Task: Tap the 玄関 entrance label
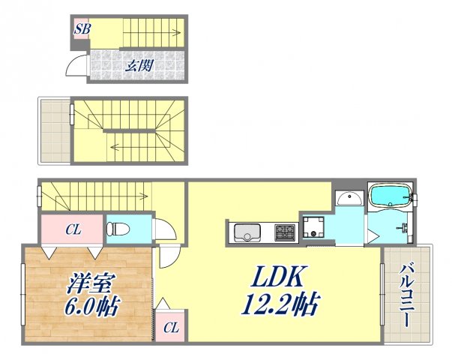(x=138, y=65)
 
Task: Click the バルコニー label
(x=405, y=295)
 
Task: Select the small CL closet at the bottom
(x=171, y=327)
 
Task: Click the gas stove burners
(x=284, y=232)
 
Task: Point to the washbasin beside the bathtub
(x=346, y=199)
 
